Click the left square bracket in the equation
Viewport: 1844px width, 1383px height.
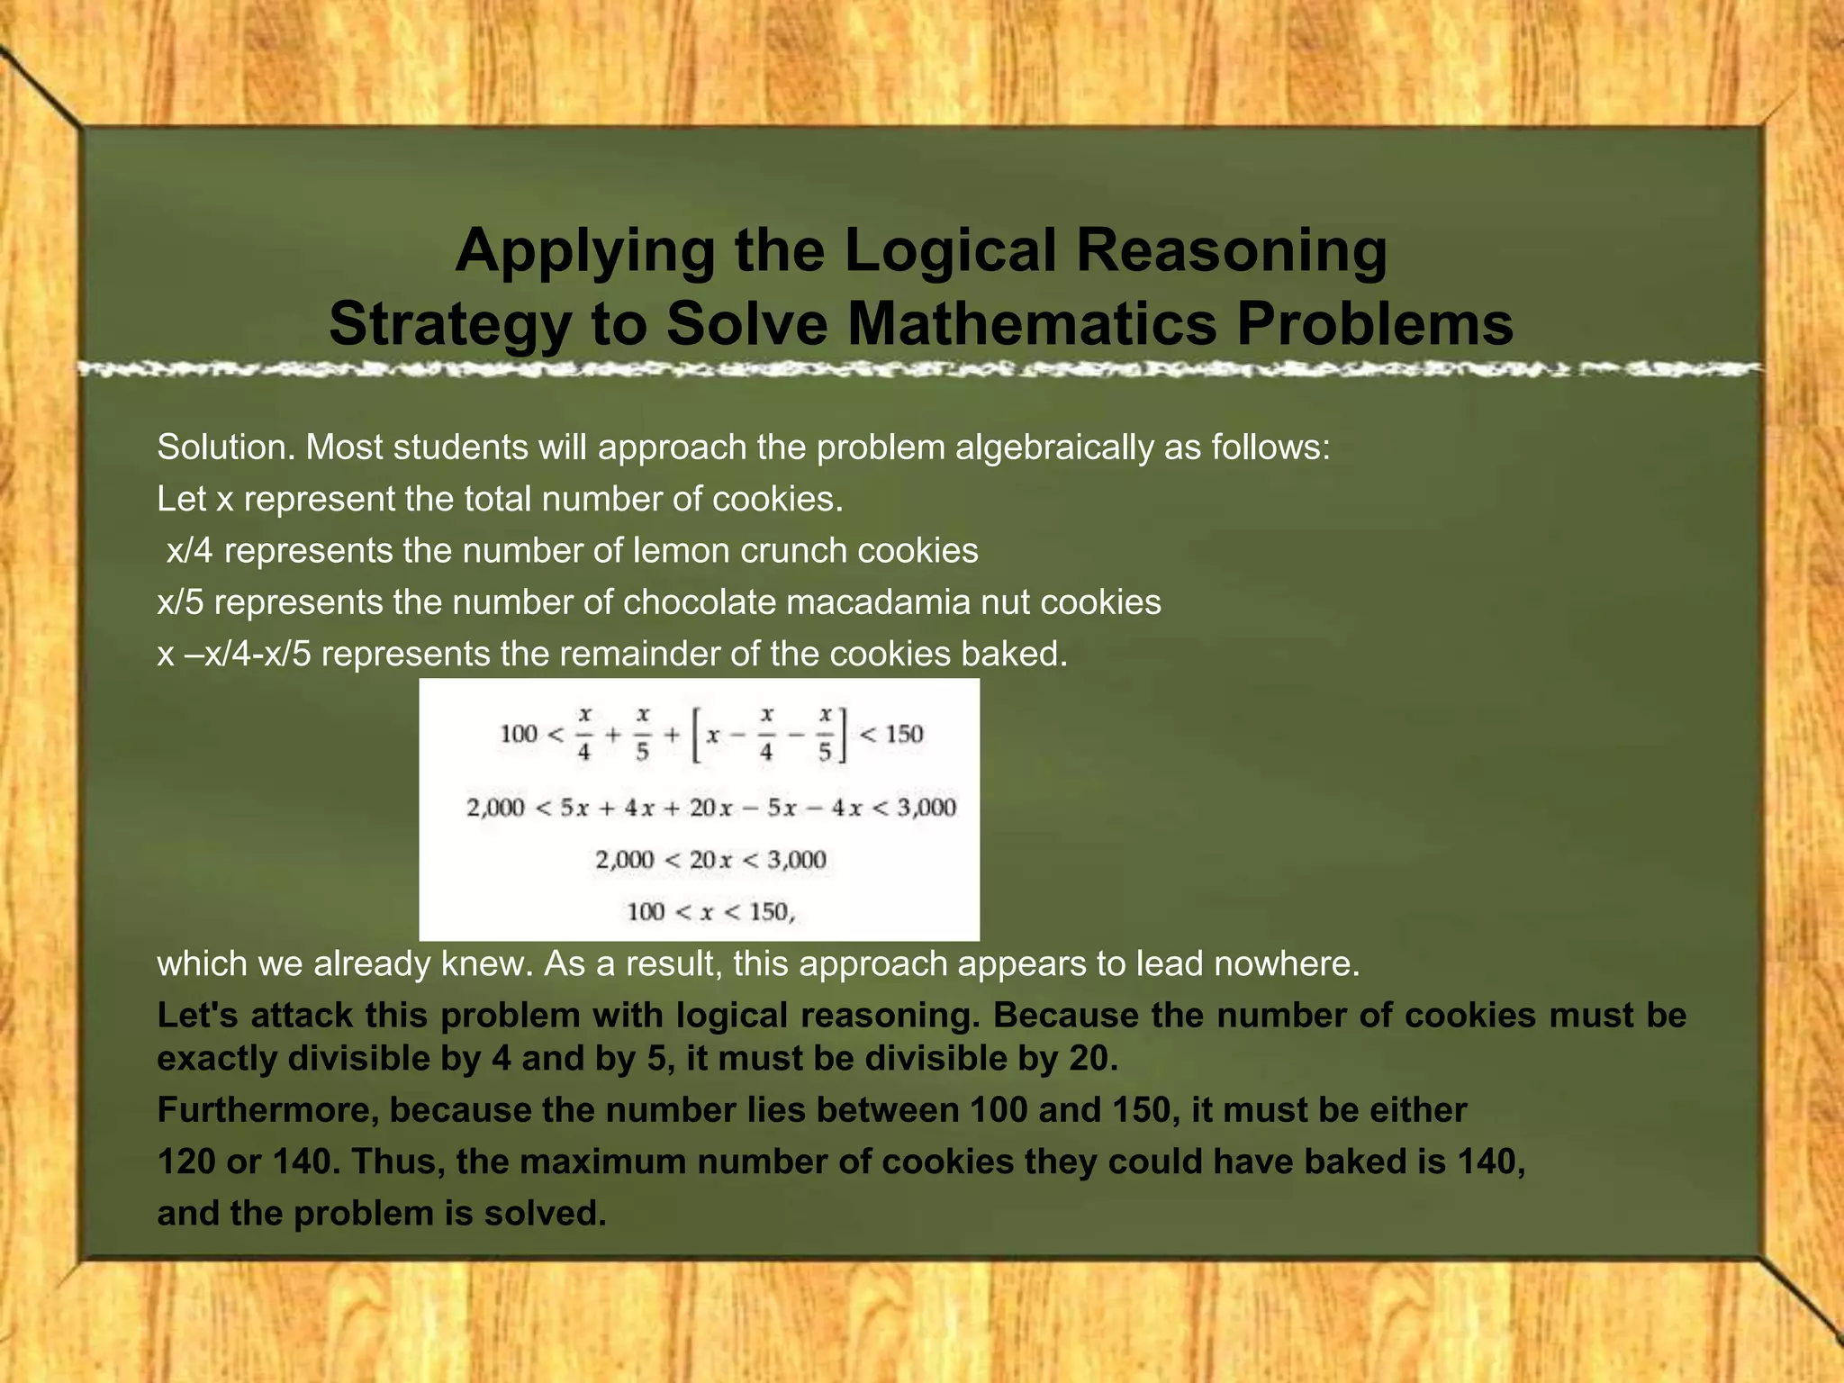(x=695, y=736)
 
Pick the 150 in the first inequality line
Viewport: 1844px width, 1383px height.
(x=903, y=734)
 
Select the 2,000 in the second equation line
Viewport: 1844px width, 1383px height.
(x=495, y=808)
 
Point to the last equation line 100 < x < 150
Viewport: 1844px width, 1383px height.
(x=710, y=912)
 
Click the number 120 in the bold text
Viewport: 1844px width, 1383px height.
(x=186, y=1162)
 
